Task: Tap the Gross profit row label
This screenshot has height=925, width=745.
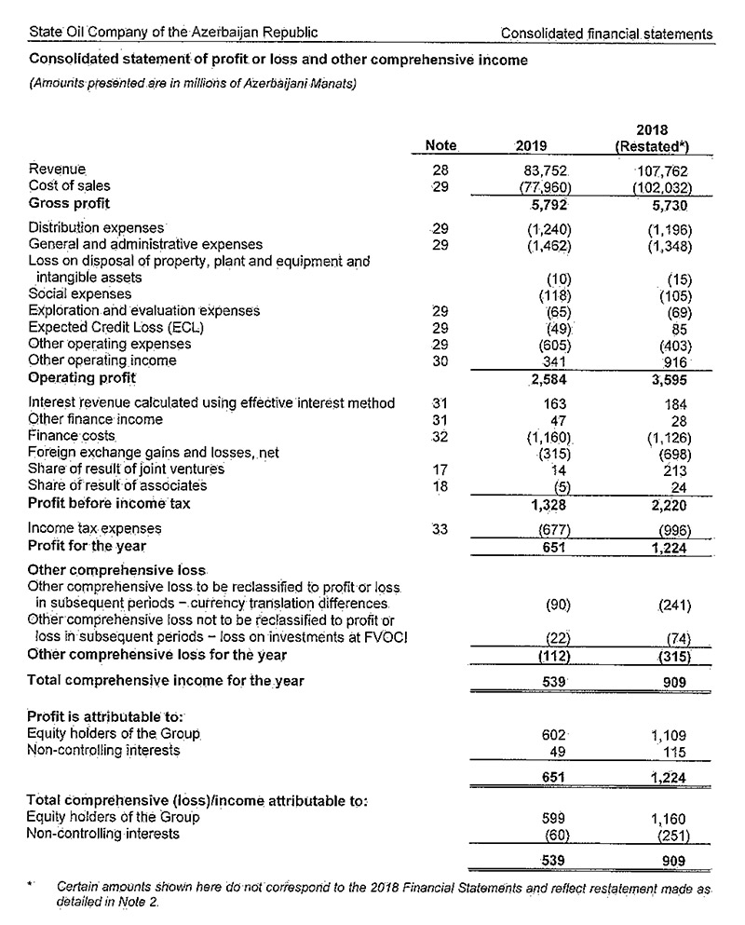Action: tap(69, 203)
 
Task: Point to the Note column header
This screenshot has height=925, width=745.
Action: tap(440, 145)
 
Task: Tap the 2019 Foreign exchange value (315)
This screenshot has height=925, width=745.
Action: tap(552, 453)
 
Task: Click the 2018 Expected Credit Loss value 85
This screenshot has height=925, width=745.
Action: tap(677, 328)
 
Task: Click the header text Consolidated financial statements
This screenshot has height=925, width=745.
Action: tap(606, 34)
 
